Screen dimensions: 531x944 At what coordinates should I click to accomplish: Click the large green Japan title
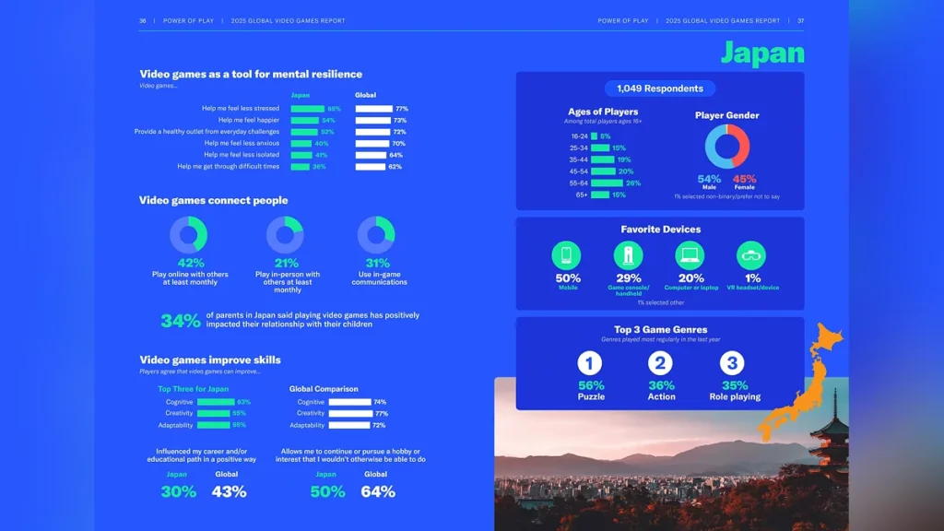pos(762,53)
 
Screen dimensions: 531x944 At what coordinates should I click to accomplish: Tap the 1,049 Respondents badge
pos(659,88)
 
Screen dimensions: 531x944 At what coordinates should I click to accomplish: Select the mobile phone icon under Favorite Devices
pos(566,255)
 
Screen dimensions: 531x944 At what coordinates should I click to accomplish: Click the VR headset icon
pos(751,255)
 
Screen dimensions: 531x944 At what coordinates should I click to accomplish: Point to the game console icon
pos(629,255)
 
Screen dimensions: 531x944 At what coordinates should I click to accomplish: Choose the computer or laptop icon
pos(690,255)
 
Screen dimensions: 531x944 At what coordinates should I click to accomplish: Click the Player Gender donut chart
pos(727,147)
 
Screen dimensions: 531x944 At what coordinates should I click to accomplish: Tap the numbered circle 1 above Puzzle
pos(590,363)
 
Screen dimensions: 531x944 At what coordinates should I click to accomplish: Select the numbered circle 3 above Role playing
pos(732,363)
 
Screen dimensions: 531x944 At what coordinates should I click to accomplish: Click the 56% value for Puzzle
pos(591,385)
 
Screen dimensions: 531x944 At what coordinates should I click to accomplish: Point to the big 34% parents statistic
pos(181,321)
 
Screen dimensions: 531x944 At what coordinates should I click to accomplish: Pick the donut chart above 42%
pos(190,235)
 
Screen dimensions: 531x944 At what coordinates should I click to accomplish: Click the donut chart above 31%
pos(376,235)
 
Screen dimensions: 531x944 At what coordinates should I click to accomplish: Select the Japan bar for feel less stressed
pos(308,109)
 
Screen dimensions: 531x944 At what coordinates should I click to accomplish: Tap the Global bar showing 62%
pos(371,167)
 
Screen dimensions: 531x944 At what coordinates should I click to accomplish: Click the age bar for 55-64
pos(607,183)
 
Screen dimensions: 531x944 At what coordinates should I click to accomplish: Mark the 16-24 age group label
pos(579,136)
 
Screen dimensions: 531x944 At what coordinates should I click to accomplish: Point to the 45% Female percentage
pos(744,179)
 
